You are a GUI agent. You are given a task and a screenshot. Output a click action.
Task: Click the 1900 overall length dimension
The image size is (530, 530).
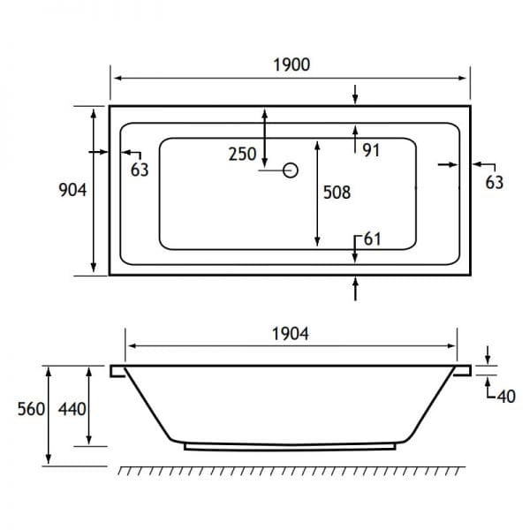[291, 64]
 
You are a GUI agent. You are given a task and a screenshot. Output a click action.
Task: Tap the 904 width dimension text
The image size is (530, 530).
[72, 190]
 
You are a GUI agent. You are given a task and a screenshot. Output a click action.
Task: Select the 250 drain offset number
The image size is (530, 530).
[242, 154]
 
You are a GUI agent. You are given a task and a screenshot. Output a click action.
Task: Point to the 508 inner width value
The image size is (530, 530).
[337, 193]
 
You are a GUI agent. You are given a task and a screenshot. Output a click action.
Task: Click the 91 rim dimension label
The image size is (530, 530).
[371, 150]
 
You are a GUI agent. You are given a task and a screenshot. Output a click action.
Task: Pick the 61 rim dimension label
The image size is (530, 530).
[373, 239]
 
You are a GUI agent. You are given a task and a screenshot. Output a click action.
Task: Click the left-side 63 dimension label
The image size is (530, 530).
[140, 170]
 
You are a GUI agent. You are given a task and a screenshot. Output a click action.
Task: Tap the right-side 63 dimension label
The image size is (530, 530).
[495, 183]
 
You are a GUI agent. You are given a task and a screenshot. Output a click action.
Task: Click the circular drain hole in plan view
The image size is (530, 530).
[291, 170]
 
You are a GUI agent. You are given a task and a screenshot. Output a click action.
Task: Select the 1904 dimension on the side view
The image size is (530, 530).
[291, 334]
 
